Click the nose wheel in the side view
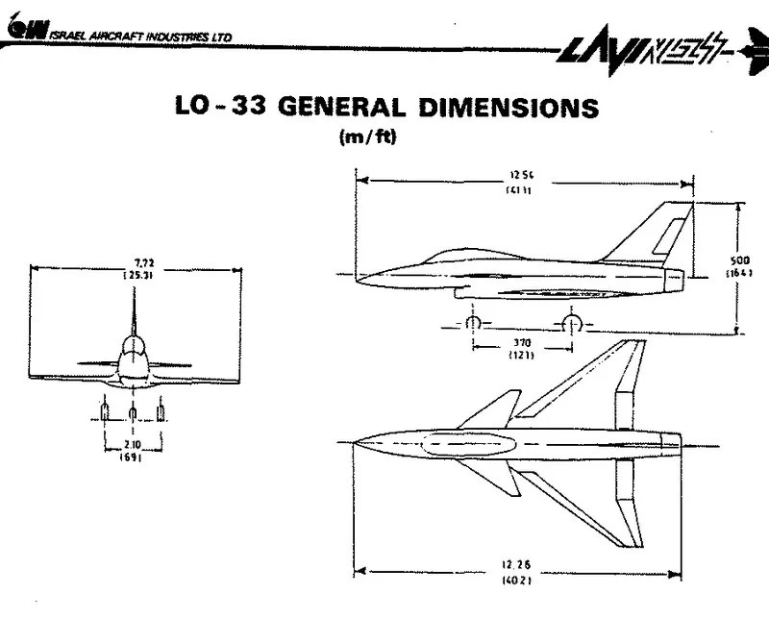[x=472, y=323]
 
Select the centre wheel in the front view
[x=133, y=412]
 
